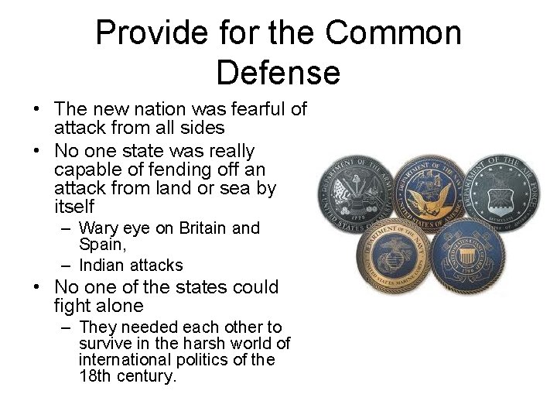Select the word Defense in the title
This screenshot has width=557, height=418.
click(278, 73)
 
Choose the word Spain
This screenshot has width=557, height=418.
click(102, 244)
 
